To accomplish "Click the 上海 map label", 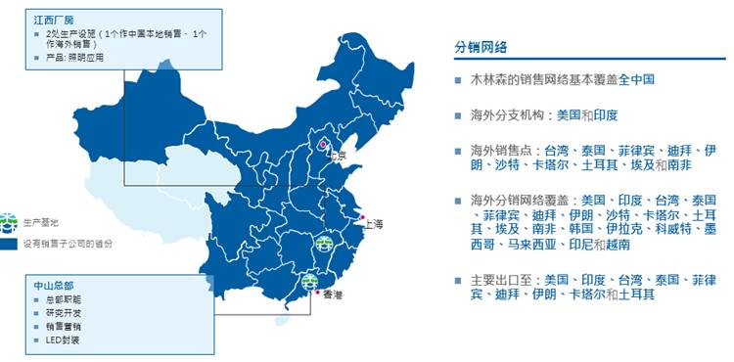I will [373, 223].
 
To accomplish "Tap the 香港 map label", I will [333, 294].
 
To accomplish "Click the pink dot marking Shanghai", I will [362, 217].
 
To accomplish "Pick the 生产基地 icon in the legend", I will [9, 220].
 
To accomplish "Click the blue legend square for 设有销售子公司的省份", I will [9, 243].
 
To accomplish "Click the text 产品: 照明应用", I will [69, 57].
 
